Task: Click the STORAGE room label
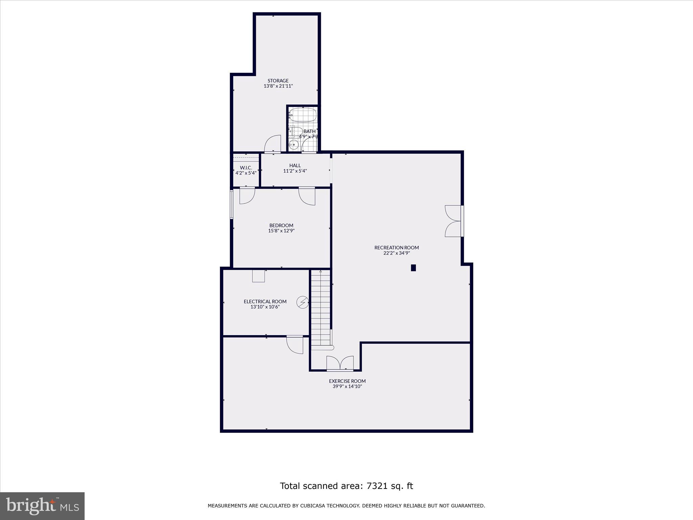point(278,81)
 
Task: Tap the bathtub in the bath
point(303,115)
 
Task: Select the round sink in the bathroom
point(294,145)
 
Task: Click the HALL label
point(295,166)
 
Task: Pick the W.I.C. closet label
point(246,168)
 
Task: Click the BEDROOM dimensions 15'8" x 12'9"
point(281,231)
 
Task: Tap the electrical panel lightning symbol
point(303,302)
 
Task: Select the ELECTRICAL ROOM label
point(265,301)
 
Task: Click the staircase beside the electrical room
point(320,308)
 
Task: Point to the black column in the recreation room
point(413,268)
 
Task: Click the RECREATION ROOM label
point(397,247)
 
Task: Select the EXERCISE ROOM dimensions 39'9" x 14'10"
point(347,386)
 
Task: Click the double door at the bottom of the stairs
point(340,364)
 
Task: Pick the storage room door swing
point(273,144)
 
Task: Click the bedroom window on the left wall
point(232,204)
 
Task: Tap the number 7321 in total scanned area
point(378,486)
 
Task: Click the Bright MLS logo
point(42,506)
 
